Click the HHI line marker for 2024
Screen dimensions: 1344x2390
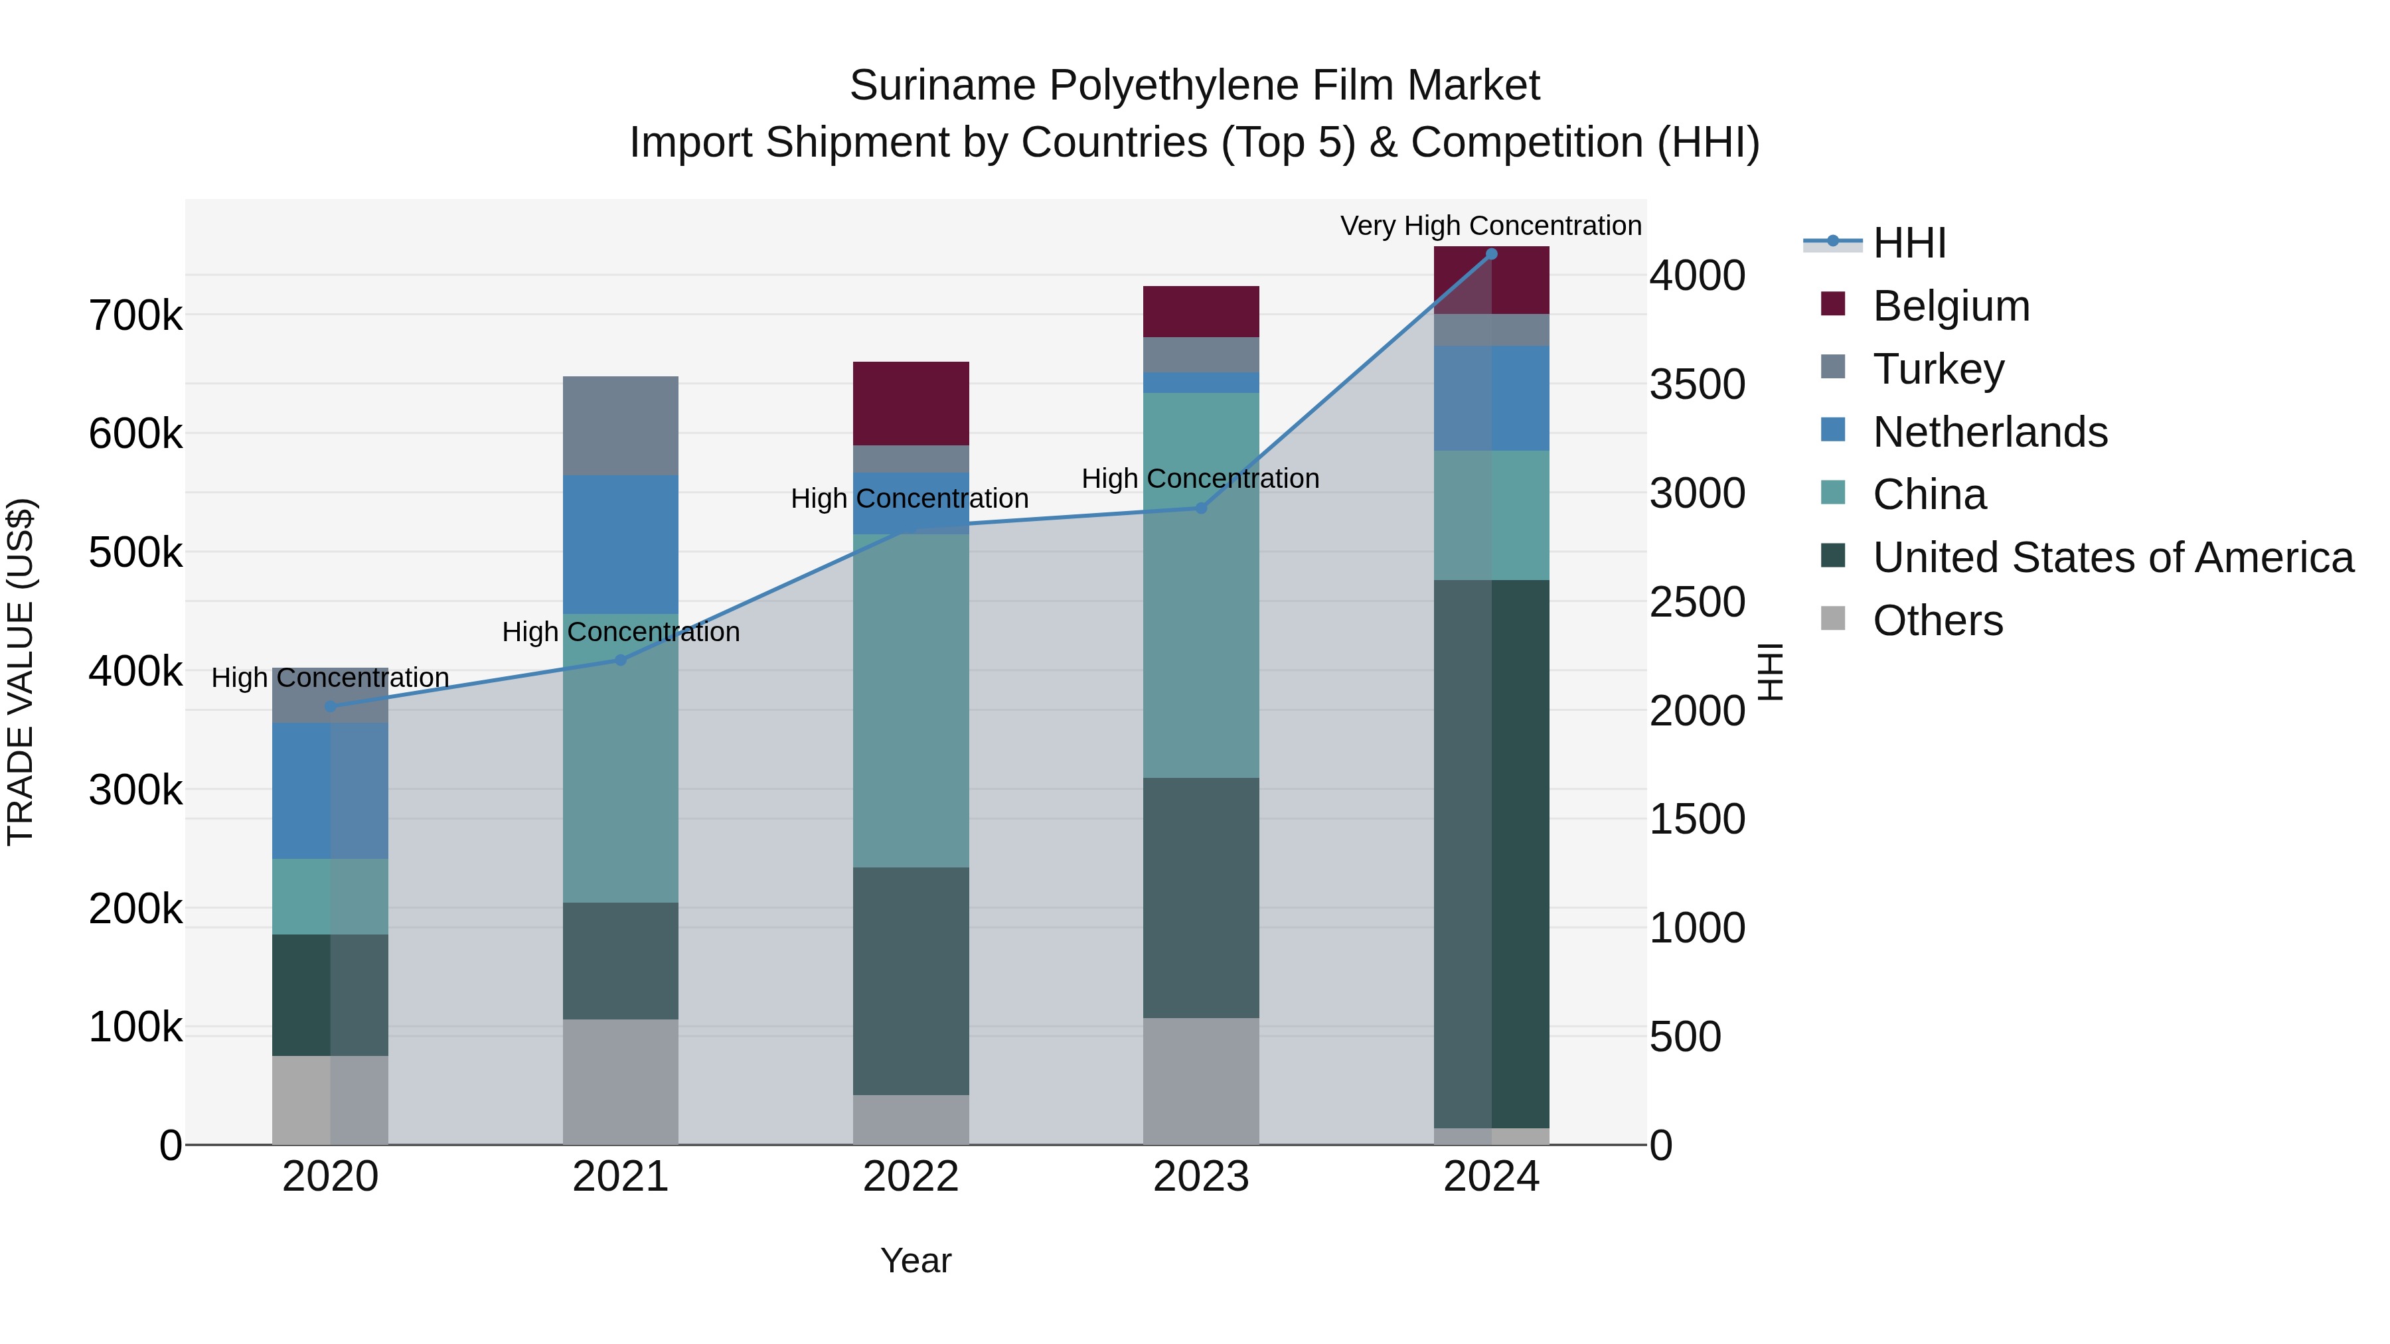[x=1491, y=254]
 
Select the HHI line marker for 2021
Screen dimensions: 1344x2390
[x=621, y=660]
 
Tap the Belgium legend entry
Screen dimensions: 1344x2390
[x=1951, y=306]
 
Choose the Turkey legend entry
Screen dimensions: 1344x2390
[x=1937, y=369]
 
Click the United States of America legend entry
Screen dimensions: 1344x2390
[x=2112, y=558]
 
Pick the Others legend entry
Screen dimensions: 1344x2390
[x=1937, y=621]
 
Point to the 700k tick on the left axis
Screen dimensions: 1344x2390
[x=135, y=317]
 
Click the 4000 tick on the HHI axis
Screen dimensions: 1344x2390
[x=1697, y=275]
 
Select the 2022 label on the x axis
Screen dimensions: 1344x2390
[x=910, y=1177]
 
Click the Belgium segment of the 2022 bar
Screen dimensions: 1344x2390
[x=910, y=404]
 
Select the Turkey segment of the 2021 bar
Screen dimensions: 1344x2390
[x=621, y=425]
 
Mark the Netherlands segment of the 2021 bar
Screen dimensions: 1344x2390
[x=621, y=544]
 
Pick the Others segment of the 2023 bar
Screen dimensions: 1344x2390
[x=1200, y=1081]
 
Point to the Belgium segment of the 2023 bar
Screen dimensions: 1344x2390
[x=1200, y=312]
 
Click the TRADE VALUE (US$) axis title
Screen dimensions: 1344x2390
[x=21, y=672]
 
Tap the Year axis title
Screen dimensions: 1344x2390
[x=916, y=1260]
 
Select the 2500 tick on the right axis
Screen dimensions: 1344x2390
[x=1697, y=602]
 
